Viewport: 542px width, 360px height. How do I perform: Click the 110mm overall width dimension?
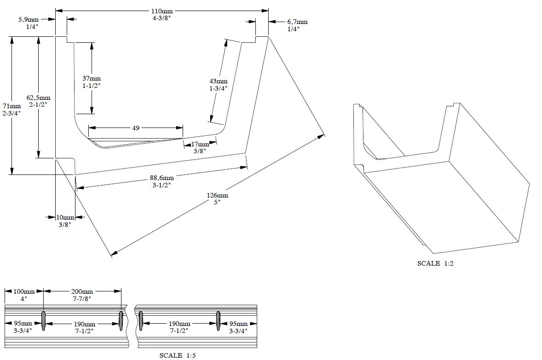click(162, 12)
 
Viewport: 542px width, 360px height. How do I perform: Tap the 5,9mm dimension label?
click(29, 20)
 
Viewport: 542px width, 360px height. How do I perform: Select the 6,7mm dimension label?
click(297, 22)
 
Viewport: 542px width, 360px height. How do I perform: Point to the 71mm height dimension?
click(12, 106)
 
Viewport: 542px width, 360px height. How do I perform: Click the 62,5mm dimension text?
click(38, 98)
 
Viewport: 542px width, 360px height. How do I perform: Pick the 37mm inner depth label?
click(91, 79)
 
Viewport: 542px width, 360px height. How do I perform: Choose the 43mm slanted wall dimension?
click(219, 81)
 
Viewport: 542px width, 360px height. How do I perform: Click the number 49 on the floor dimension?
click(136, 128)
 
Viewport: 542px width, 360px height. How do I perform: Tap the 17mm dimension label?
click(200, 144)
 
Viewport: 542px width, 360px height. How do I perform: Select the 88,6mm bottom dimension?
click(162, 178)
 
